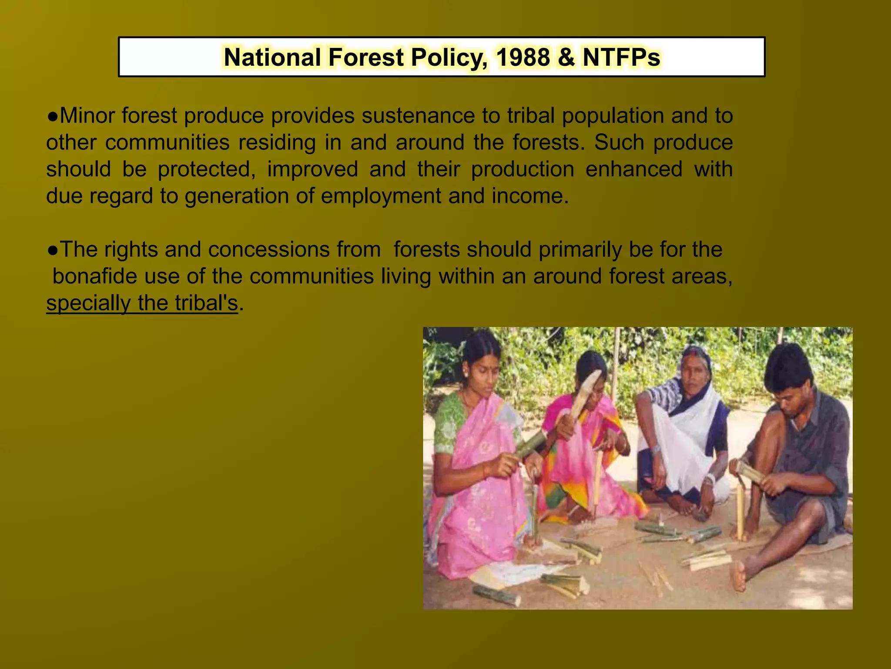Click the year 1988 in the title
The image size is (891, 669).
coord(523,57)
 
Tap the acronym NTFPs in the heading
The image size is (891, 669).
coord(621,57)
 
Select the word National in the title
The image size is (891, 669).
coord(272,57)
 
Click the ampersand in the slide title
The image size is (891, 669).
coord(566,57)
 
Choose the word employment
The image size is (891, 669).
coord(381,196)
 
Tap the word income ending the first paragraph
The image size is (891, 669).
coord(529,196)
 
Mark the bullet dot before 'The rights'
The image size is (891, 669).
coord(53,250)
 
